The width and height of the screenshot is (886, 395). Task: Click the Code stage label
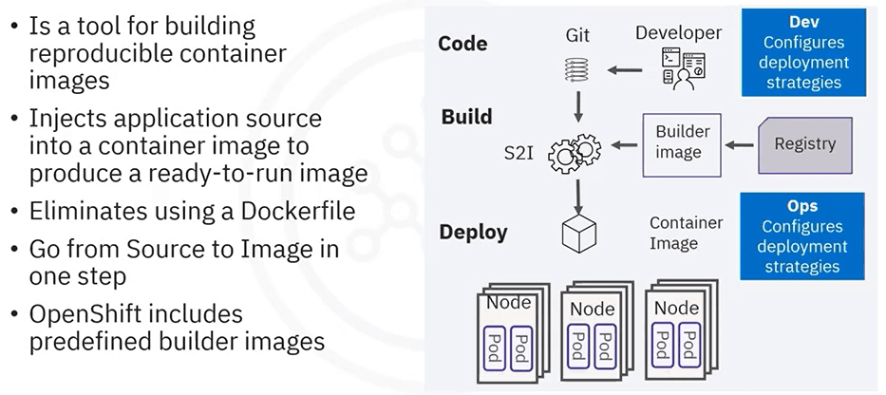462,44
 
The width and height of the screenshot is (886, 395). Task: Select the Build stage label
466,118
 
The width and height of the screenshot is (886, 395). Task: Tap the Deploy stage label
473,233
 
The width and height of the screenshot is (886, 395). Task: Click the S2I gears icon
575,152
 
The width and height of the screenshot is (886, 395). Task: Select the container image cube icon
576,233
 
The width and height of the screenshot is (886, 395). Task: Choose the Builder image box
682,143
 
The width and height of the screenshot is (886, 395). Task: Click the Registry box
804,144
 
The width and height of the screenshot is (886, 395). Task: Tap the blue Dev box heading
803,21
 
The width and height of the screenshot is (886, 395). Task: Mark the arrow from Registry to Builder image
741,145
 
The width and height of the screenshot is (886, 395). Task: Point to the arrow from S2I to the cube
576,194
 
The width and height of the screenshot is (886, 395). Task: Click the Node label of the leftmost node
509,304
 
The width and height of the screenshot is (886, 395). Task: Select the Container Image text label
686,233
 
